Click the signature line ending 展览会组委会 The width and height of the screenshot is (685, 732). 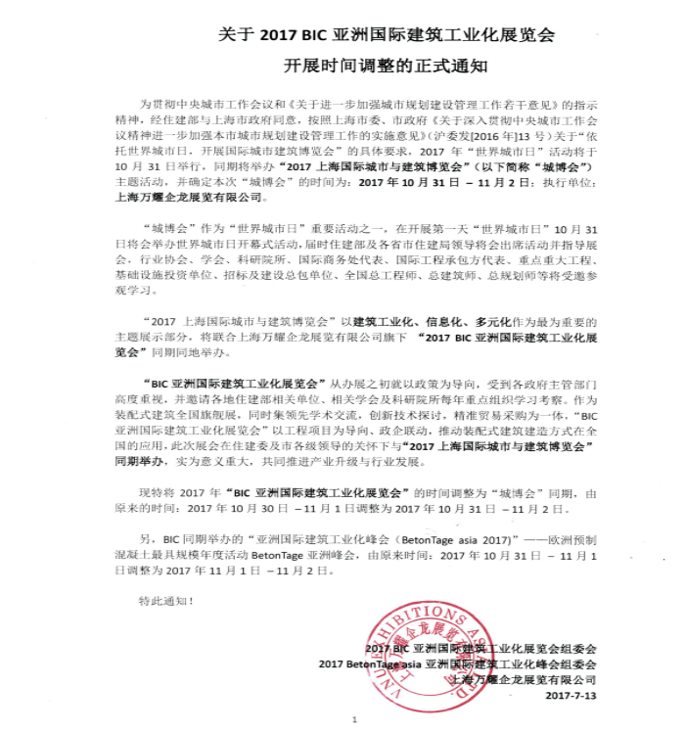tap(480, 648)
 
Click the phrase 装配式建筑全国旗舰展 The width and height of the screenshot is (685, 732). tap(176, 401)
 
